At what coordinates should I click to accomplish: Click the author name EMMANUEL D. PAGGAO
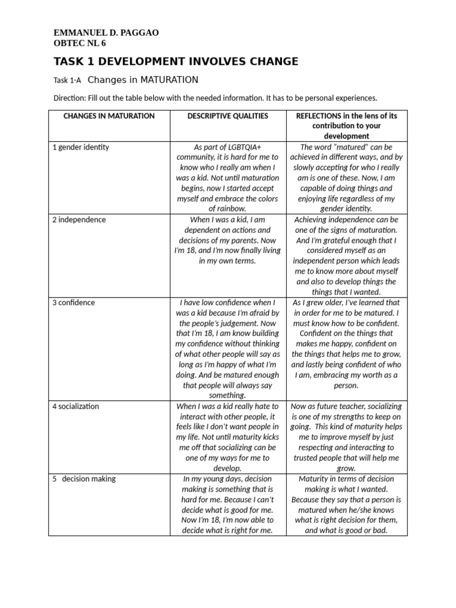pos(106,33)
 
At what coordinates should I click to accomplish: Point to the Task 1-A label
pos(66,80)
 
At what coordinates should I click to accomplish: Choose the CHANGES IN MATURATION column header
pos(109,116)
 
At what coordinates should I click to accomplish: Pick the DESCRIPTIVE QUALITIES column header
pos(227,116)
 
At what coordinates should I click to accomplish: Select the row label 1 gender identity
pos(81,147)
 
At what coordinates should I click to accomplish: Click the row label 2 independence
pos(79,219)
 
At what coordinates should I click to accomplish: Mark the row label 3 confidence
pos(74,302)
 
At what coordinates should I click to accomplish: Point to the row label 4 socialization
pos(75,406)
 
